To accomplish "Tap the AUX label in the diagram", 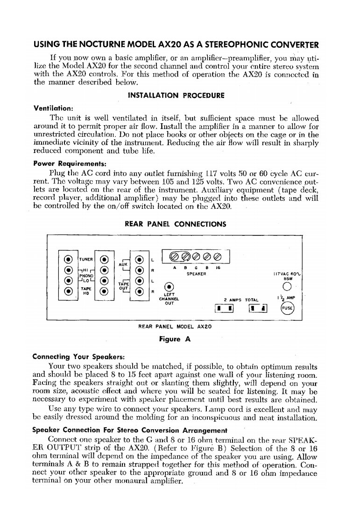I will pyautogui.click(x=123, y=264).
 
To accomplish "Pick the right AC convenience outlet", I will pyautogui.click(x=258, y=308).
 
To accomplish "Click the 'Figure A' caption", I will pyautogui.click(x=175, y=340).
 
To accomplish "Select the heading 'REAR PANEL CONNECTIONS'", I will pyautogui.click(x=176, y=224).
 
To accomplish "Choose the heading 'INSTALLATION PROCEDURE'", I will pyautogui.click(x=176, y=95).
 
